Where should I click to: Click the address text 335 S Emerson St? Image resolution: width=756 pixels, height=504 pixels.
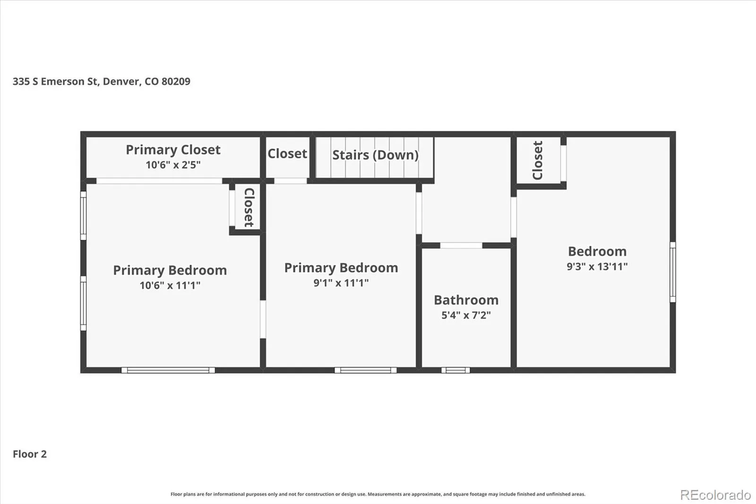55,81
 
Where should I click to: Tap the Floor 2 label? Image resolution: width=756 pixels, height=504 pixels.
30,454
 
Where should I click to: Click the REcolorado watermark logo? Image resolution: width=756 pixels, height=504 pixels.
715,495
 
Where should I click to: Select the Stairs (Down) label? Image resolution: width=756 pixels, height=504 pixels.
375,155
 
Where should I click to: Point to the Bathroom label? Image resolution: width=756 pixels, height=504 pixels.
466,300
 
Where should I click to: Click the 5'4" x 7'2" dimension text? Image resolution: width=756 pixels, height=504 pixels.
466,315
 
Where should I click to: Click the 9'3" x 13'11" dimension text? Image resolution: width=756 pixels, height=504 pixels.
597,267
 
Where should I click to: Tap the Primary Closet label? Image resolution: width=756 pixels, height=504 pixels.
173,150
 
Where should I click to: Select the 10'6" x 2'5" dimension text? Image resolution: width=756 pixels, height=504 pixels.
173,165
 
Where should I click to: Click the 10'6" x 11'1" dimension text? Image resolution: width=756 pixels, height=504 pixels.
170,286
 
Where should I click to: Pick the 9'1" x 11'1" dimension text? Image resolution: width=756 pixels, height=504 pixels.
341,283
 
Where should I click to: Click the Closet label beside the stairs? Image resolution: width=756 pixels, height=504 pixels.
287,154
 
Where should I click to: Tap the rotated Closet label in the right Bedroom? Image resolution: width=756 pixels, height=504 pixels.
537,160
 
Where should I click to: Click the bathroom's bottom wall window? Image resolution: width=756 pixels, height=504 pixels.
455,370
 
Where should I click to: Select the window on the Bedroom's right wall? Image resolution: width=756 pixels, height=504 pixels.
673,272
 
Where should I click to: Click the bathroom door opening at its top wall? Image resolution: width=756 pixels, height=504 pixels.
461,245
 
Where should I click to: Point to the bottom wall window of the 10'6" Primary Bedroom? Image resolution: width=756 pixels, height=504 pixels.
168,370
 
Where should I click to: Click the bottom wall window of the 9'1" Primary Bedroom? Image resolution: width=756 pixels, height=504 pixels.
366,370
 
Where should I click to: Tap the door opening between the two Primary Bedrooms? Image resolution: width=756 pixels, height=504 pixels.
263,319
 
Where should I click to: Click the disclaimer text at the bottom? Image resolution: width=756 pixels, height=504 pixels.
378,494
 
